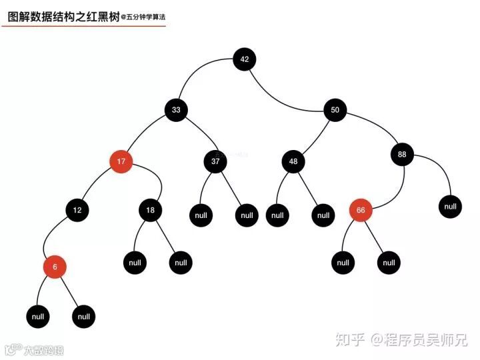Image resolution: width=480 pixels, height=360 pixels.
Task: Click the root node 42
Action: tap(245, 59)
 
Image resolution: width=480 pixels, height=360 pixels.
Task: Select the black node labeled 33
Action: tap(176, 110)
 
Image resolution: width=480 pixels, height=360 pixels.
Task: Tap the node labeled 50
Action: tap(335, 110)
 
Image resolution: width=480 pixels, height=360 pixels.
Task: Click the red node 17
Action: tap(121, 161)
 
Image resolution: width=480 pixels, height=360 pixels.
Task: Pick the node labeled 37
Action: tap(215, 161)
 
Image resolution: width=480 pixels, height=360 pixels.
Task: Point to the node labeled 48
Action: tap(293, 161)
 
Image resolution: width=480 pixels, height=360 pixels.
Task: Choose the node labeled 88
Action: tap(402, 155)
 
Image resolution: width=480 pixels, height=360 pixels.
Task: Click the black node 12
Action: tap(77, 211)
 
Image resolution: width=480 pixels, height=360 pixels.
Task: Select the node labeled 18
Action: tap(151, 211)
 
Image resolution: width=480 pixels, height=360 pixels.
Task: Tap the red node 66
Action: tap(361, 211)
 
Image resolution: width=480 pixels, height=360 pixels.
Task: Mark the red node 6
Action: tap(55, 267)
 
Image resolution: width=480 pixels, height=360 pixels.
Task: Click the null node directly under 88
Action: tap(451, 207)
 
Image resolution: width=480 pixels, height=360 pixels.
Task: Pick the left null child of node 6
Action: tap(38, 317)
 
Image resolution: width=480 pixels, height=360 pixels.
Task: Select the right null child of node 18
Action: tap(181, 263)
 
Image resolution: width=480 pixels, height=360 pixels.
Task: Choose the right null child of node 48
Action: tap(323, 215)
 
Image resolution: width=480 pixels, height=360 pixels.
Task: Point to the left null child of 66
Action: tap(343, 263)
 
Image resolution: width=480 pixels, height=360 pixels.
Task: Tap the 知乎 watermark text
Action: tap(351, 340)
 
